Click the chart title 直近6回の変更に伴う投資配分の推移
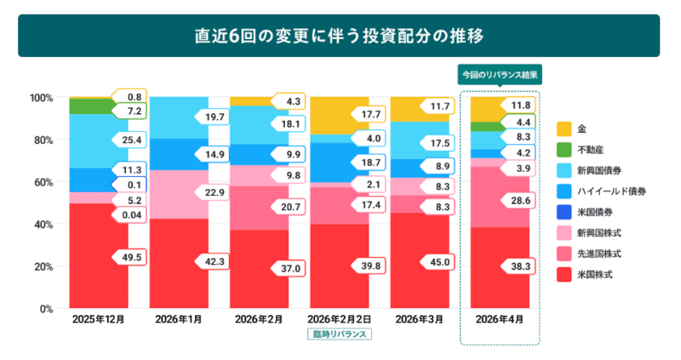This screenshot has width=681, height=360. tap(340, 37)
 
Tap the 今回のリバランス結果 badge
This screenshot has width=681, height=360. tap(500, 74)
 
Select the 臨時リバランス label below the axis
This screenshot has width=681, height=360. tap(340, 335)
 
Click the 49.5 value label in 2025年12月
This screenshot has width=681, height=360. tap(132, 256)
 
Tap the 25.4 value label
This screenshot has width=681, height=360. tap(132, 139)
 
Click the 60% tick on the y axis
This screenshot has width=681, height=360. tap(43, 182)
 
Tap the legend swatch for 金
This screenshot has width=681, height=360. tap(564, 129)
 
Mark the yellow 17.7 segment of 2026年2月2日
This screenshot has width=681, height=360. tap(328, 115)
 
